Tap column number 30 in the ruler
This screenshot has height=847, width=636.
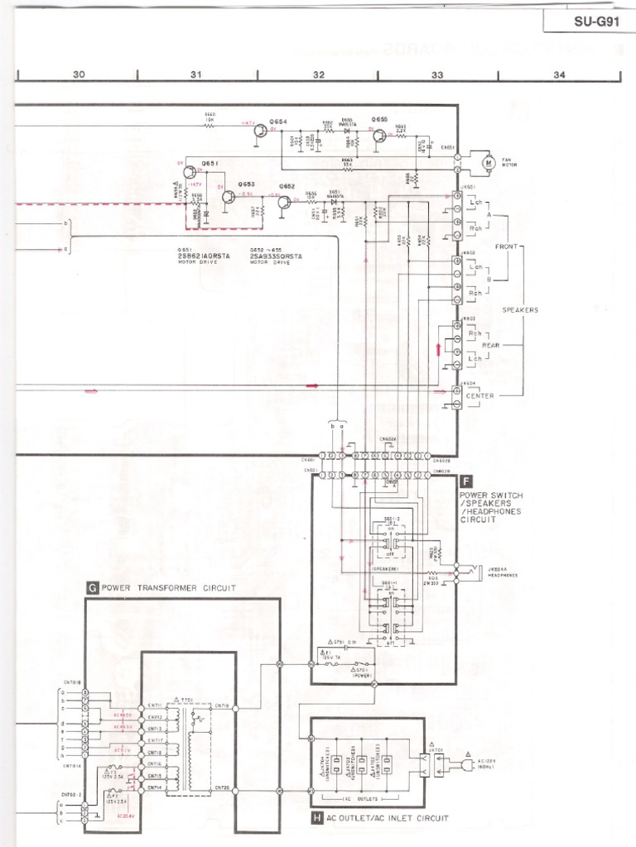pos(79,74)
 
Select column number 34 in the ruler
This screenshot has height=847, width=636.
pos(559,74)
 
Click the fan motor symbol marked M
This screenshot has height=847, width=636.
pos(488,163)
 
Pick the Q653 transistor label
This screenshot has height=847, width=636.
pos(247,184)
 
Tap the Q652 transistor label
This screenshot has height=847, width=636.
pos(287,187)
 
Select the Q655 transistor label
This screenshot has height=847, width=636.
pos(379,120)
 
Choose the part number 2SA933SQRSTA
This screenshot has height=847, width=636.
pos(276,256)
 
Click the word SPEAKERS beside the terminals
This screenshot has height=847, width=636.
pos(520,310)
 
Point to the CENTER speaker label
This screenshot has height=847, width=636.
pos(480,395)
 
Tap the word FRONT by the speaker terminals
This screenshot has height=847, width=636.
pos(506,246)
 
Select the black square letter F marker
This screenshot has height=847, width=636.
pos(465,479)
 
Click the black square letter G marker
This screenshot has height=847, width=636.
pos(93,588)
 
